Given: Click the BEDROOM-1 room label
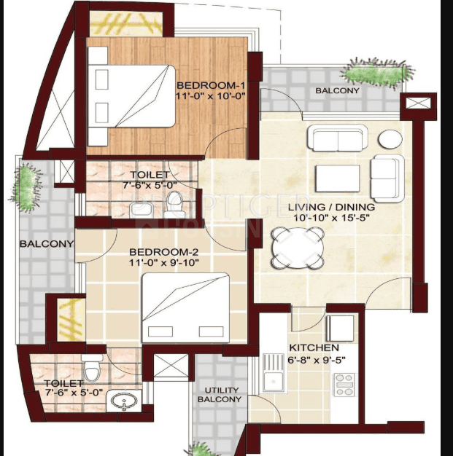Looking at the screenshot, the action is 211,85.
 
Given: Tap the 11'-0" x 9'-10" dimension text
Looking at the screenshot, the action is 163,263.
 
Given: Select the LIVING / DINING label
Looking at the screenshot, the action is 331,207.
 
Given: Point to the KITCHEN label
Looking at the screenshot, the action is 314,347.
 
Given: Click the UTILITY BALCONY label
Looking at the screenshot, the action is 220,395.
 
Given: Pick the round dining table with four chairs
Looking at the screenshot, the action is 298,248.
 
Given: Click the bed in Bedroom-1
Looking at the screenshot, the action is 132,96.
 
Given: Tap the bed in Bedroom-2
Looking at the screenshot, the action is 185,308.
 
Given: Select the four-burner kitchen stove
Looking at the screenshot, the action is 344,385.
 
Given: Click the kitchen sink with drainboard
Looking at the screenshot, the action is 274,373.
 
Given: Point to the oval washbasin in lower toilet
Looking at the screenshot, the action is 124,400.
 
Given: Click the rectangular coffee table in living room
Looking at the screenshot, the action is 337,178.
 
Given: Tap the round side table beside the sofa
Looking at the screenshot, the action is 390,139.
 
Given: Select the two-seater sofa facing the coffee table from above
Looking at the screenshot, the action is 338,138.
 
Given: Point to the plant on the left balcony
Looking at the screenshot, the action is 26,187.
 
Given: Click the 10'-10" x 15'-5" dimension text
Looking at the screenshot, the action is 331,218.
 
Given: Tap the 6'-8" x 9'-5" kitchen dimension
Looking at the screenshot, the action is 317,360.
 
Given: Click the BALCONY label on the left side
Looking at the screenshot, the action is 47,244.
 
